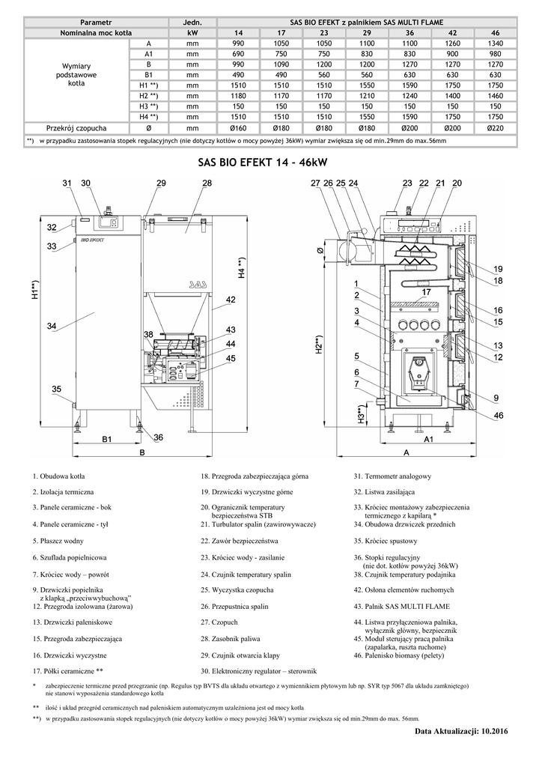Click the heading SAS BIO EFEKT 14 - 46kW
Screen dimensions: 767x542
263,162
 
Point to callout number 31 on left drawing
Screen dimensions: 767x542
67,183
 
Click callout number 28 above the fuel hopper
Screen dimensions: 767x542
207,183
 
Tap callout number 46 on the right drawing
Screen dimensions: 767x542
499,415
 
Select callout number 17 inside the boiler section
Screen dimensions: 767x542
427,291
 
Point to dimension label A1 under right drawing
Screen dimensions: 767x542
429,439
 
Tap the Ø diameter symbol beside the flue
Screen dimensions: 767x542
320,249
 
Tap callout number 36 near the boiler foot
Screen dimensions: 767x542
158,437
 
